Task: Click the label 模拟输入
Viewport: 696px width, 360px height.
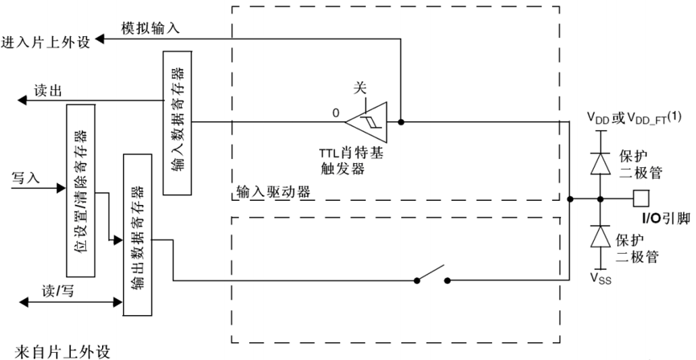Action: (150, 27)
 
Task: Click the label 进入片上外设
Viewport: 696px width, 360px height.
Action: (46, 41)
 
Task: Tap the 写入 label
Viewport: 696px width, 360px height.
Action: (26, 175)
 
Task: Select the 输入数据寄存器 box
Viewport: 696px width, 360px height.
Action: (177, 123)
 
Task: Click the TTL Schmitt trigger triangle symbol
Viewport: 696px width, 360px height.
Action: (366, 122)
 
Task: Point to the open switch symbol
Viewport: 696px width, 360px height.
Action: (432, 276)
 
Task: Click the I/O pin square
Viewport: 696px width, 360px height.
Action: (640, 198)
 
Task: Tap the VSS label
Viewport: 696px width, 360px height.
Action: (600, 281)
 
